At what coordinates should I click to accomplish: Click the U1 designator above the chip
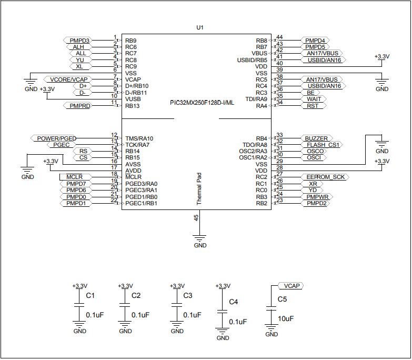[x=199, y=27]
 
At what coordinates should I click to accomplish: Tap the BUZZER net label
[x=316, y=138]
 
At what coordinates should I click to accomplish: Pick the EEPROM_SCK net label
[x=325, y=177]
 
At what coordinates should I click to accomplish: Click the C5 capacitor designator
[x=283, y=299]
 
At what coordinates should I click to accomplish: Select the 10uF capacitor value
[x=285, y=318]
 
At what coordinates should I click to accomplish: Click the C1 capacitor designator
[x=90, y=296]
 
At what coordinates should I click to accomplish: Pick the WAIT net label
[x=314, y=99]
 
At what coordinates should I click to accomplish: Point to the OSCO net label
[x=315, y=151]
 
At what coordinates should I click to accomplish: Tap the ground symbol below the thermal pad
[x=200, y=238]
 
